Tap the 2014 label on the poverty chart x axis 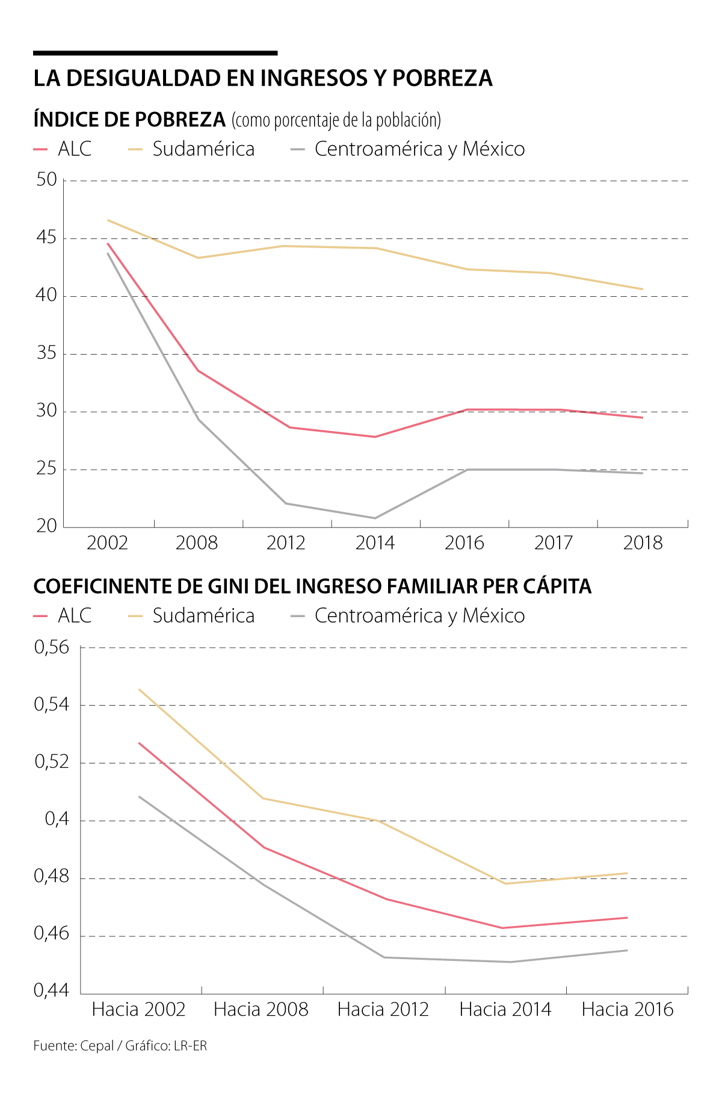coord(375,543)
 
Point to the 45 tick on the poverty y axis coord(46,238)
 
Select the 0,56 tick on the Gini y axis coord(52,647)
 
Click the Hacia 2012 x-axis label coord(383,1009)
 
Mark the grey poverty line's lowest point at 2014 coord(375,518)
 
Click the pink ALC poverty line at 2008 coord(198,370)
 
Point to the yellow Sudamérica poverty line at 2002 coord(108,220)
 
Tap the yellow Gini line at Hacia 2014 coord(505,883)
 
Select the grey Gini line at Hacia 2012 coord(383,957)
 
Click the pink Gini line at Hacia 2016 coord(627,918)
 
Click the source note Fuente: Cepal coord(73,1046)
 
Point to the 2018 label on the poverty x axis coord(643,543)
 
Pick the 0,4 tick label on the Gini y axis coord(57,819)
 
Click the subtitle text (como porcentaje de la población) coord(336,120)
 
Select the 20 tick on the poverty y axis coord(46,526)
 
